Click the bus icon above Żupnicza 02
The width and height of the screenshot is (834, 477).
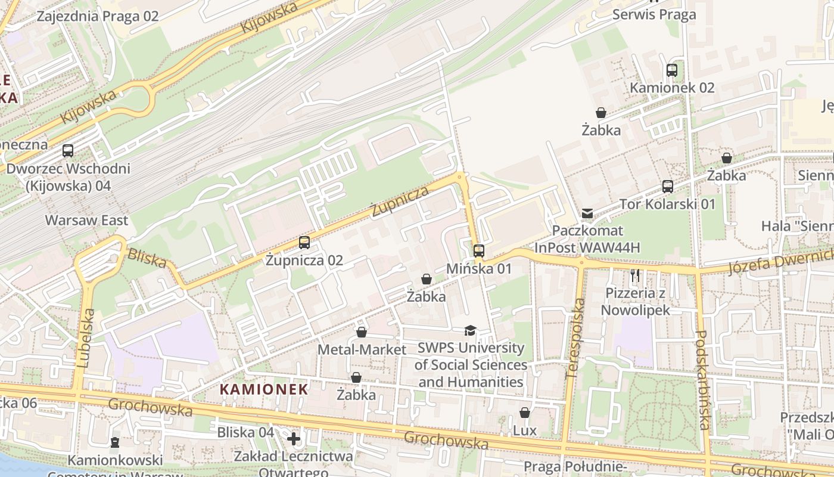(304, 243)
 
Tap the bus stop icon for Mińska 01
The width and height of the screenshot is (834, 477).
(479, 251)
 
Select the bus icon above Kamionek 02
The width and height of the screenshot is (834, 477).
(672, 70)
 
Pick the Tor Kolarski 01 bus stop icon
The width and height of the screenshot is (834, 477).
(668, 187)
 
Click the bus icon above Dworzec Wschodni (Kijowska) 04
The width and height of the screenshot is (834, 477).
(68, 151)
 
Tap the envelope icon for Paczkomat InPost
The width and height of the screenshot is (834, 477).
(587, 213)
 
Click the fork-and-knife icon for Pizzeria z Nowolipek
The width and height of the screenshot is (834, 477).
(635, 275)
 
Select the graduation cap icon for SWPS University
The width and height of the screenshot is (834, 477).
(471, 330)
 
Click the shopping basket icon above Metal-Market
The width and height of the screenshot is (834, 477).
(362, 332)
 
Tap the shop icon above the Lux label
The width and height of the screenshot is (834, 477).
(525, 413)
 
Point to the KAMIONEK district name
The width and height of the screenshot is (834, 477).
(264, 389)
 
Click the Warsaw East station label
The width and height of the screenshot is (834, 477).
(87, 221)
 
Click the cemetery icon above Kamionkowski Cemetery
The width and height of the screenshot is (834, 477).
(114, 442)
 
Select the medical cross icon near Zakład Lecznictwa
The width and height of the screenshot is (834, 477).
(293, 439)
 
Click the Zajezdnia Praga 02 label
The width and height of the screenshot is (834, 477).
(98, 16)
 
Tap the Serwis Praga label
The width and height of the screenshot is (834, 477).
(654, 14)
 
